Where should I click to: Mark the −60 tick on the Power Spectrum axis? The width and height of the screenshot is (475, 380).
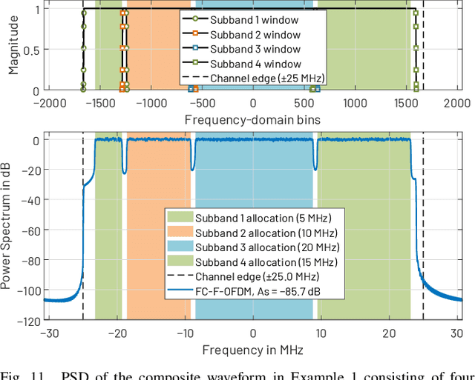pos(30,231)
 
